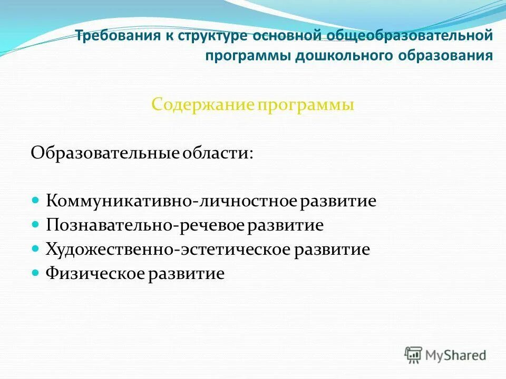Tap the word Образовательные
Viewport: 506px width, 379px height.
tap(105, 153)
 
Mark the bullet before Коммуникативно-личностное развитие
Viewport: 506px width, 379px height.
tap(36, 201)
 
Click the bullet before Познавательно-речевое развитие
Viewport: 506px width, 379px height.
tap(36, 225)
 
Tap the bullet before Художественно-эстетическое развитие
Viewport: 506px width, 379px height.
tap(36, 248)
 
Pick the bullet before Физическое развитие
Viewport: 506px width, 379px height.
tap(36, 273)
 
